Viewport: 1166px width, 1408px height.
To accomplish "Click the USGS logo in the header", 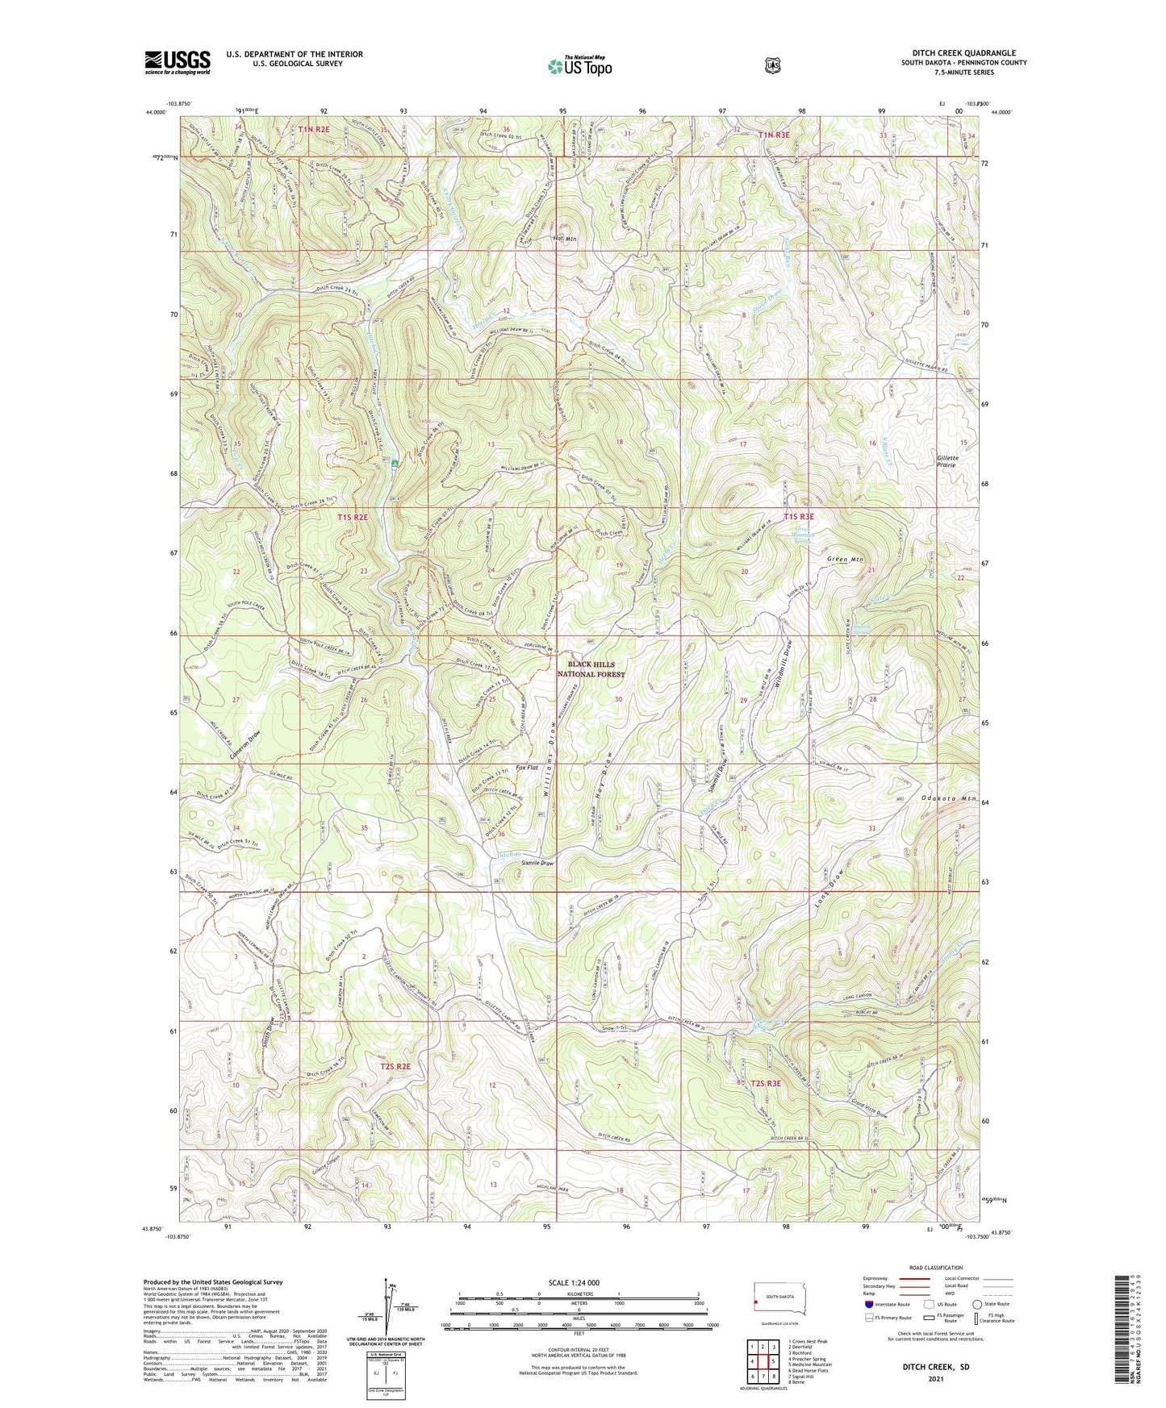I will point(178,61).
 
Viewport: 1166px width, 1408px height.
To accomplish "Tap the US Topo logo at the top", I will point(579,66).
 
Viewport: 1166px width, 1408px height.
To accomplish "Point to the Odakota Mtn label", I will point(949,799).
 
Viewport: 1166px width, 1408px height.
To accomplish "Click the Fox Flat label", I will point(527,768).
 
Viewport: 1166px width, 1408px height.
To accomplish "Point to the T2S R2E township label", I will point(395,1066).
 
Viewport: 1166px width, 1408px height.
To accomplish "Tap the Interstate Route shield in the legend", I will point(869,1304).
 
